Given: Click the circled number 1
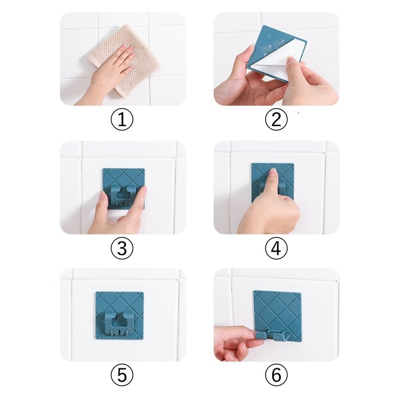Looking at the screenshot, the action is tap(122, 119).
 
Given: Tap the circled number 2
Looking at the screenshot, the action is tap(276, 119).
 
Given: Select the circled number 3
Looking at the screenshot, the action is tap(122, 248).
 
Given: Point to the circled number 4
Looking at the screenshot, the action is tap(276, 248).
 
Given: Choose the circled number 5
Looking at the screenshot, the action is tap(122, 375).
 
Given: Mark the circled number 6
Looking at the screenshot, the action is tap(276, 375).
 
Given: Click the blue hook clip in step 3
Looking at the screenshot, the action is tap(123, 196).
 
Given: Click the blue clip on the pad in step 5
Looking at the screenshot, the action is tap(119, 323).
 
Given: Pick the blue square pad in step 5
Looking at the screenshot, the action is tap(119, 316).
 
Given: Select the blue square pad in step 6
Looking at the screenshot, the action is tap(277, 315).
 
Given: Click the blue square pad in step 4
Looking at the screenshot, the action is tap(273, 183).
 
